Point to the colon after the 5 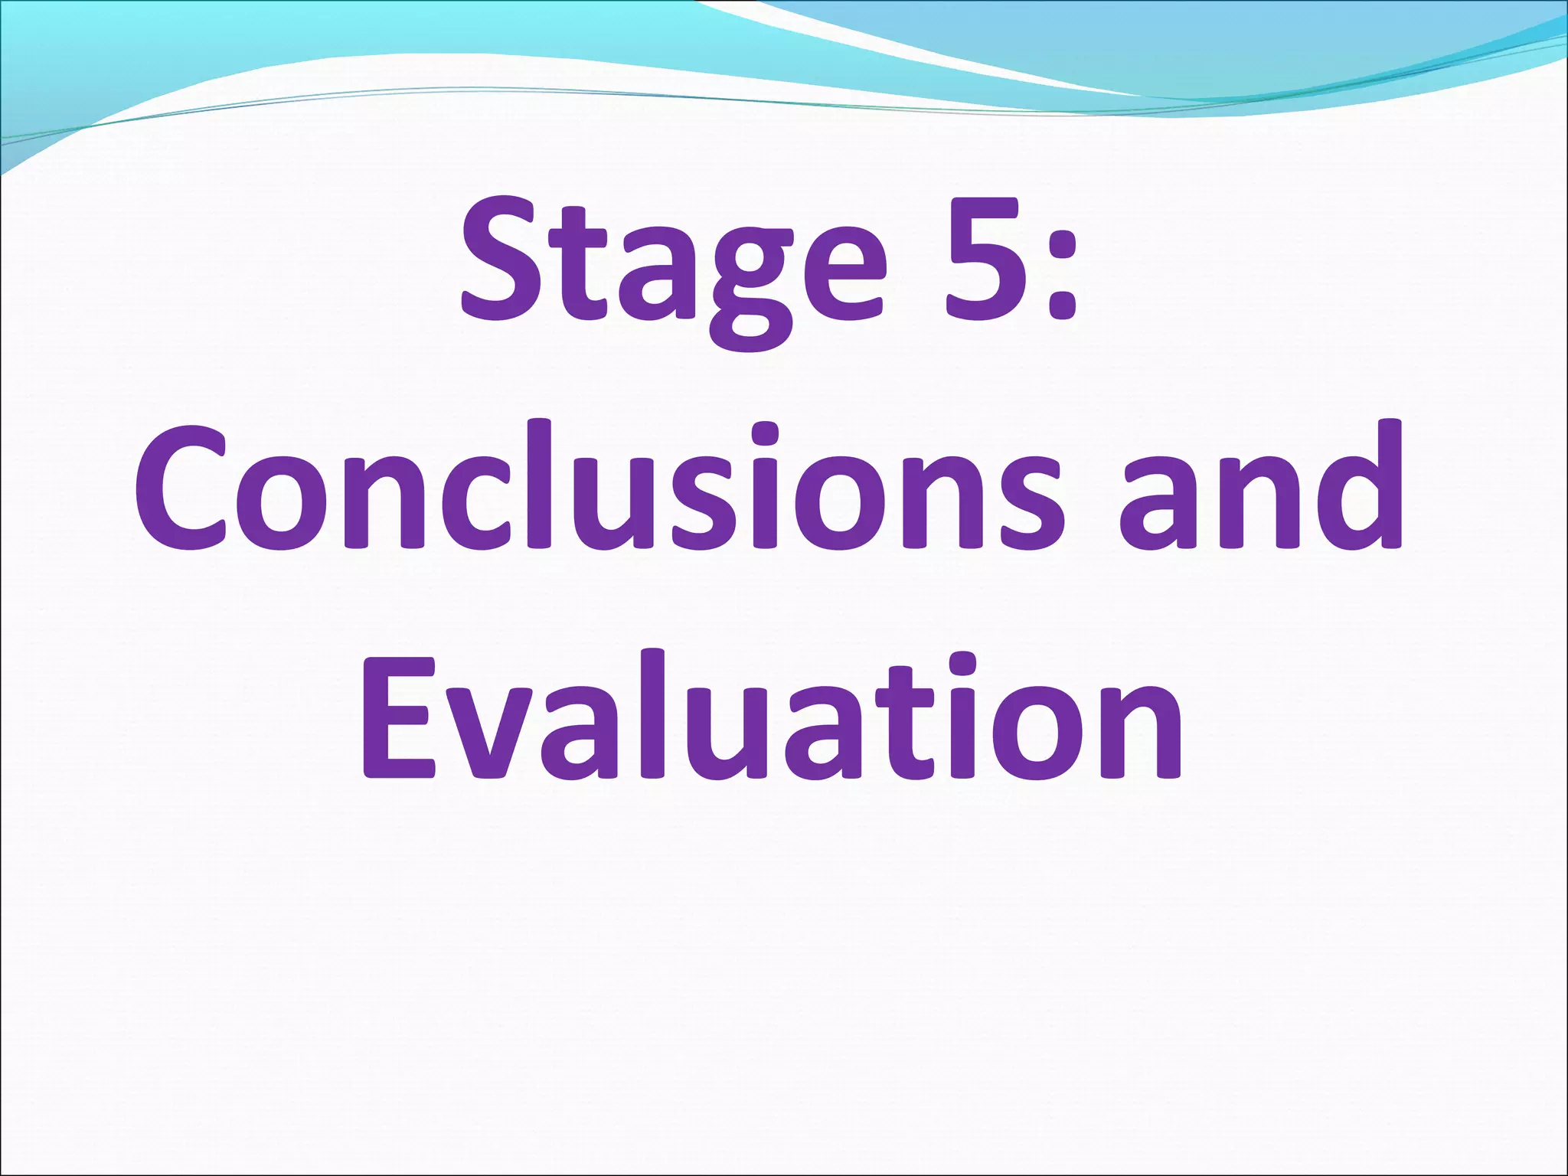(1060, 265)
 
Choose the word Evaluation (773, 715)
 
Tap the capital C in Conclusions (181, 487)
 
